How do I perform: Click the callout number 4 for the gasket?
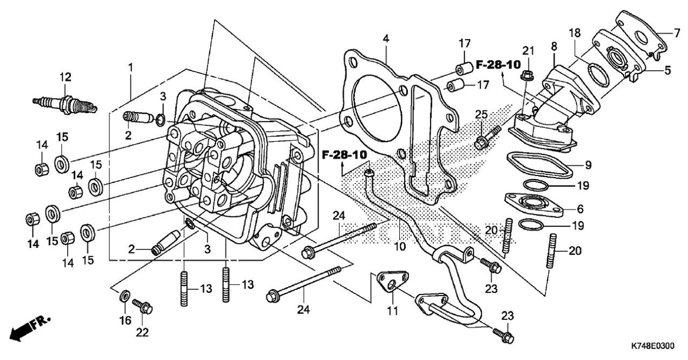tap(385, 39)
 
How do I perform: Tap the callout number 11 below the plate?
tap(392, 311)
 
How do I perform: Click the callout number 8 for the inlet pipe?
tap(554, 47)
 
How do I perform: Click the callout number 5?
tap(667, 70)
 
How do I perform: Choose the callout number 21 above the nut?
tap(528, 51)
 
